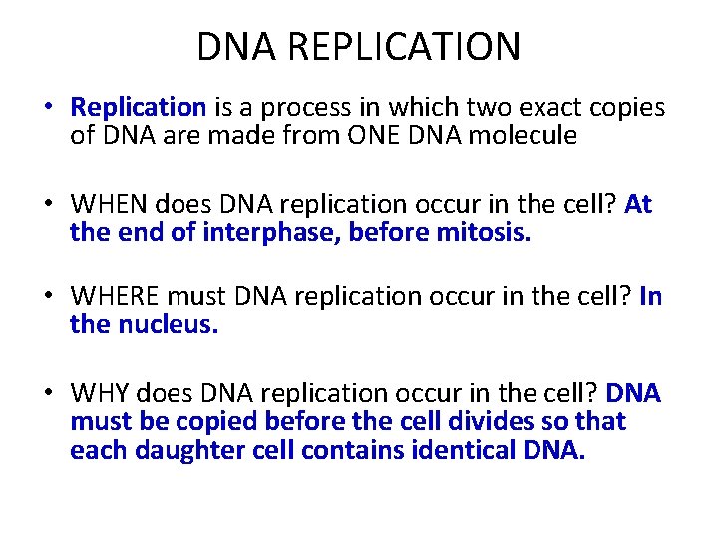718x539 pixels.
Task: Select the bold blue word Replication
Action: [139, 107]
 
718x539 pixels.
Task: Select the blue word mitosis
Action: [485, 232]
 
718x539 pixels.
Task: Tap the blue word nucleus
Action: [169, 326]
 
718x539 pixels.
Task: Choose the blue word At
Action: [638, 204]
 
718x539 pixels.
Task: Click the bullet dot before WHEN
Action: [48, 205]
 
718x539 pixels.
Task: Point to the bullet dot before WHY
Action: [48, 394]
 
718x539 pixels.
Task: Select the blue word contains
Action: [349, 449]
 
